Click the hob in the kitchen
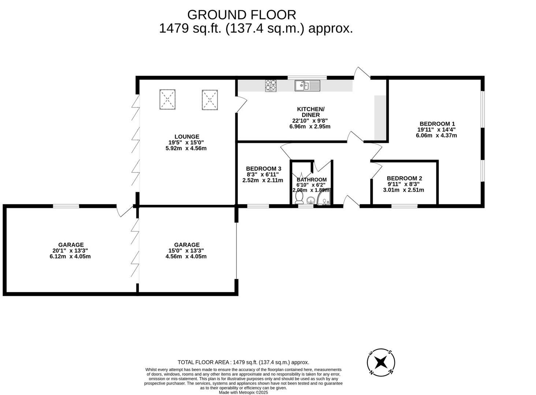[271, 86]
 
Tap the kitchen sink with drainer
[308, 86]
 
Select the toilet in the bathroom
[299, 197]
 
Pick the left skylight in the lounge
[168, 99]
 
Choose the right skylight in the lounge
[210, 100]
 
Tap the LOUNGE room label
[187, 136]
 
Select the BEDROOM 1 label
[438, 124]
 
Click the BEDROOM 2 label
[405, 178]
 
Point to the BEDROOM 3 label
[264, 169]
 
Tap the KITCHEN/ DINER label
[310, 112]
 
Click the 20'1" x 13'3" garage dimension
[70, 251]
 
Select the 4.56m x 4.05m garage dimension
[186, 256]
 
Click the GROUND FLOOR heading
[242, 15]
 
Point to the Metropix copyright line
[243, 392]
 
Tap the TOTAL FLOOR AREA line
[243, 362]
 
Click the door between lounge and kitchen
[241, 104]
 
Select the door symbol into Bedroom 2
[376, 170]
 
